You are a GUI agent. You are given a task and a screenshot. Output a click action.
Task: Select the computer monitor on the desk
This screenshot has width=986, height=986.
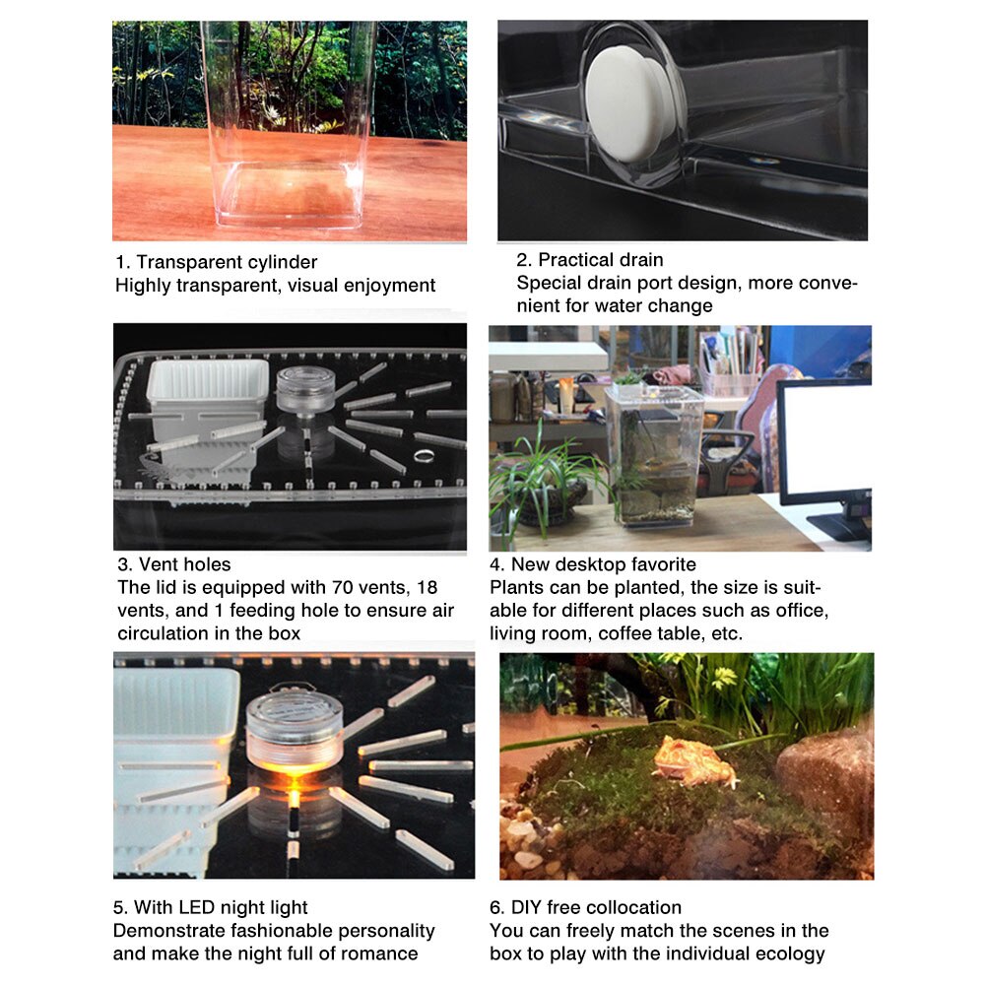[x=824, y=443]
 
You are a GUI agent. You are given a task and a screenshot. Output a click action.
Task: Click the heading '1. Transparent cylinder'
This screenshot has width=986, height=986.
[x=217, y=262]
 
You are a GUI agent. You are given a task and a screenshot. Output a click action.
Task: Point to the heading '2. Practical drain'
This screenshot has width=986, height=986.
[x=590, y=260]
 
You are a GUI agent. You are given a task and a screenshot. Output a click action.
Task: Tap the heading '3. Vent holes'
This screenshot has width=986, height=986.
[x=174, y=564]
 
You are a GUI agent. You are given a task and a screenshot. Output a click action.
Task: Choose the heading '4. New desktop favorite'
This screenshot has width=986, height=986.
[x=593, y=564]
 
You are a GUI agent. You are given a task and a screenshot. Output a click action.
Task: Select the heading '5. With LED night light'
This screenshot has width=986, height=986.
[x=211, y=907]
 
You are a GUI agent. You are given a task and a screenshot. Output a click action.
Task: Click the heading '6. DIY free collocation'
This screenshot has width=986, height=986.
[x=585, y=907]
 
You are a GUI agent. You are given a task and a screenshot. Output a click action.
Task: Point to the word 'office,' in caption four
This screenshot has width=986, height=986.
[x=799, y=611]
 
